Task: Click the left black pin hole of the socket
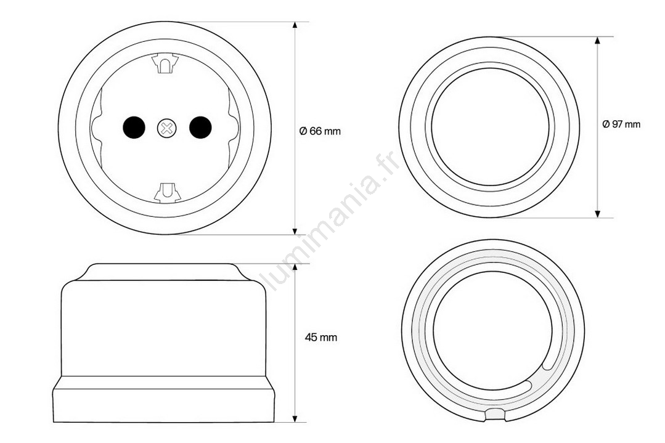coord(134,127)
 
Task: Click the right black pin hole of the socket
coord(200,127)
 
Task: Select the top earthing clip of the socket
coord(165,63)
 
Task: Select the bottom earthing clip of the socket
coord(168,192)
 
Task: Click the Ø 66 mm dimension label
coord(320,131)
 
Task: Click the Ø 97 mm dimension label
coord(621,124)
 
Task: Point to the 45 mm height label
coord(321,338)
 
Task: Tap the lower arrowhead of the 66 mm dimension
coord(295,230)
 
